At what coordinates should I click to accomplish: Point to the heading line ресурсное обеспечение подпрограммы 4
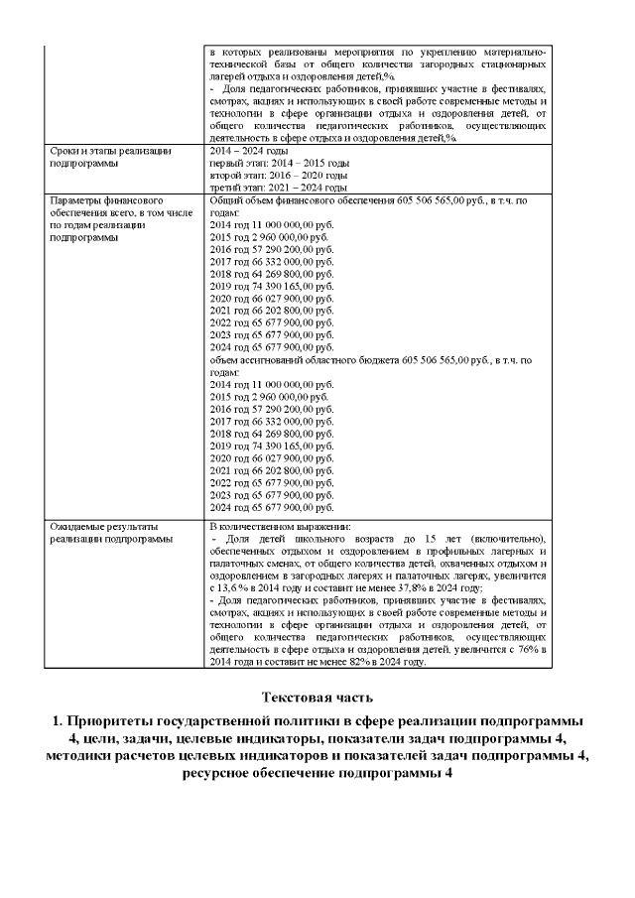coord(317,775)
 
